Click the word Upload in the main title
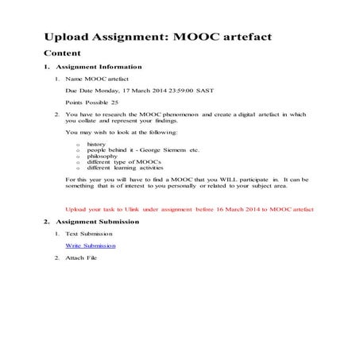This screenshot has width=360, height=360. [67, 37]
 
